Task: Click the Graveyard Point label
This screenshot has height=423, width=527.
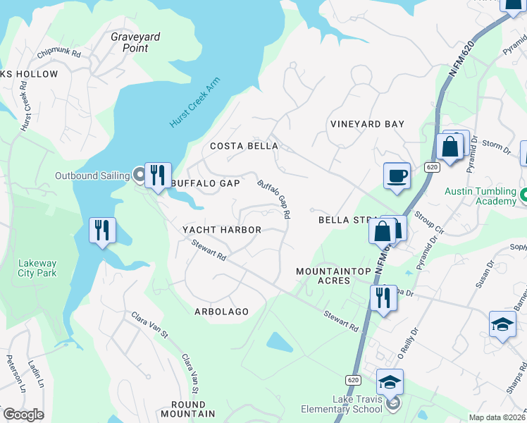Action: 130,42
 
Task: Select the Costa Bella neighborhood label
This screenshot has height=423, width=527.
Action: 244,146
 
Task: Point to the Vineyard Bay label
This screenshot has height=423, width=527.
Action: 367,124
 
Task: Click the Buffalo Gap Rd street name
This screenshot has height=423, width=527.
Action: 275,198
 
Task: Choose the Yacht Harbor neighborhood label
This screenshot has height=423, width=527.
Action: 222,230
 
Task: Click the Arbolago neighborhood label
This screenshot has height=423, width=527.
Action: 222,311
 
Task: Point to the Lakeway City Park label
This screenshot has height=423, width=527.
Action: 37,268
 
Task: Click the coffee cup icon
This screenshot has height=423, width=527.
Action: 397,176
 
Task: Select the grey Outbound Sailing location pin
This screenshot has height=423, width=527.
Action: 139,174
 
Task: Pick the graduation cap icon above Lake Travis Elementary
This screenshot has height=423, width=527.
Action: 390,382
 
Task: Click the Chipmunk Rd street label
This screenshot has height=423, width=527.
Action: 59,53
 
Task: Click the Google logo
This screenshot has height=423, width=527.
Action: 23,415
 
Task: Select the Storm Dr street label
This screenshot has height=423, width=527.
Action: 497,146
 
